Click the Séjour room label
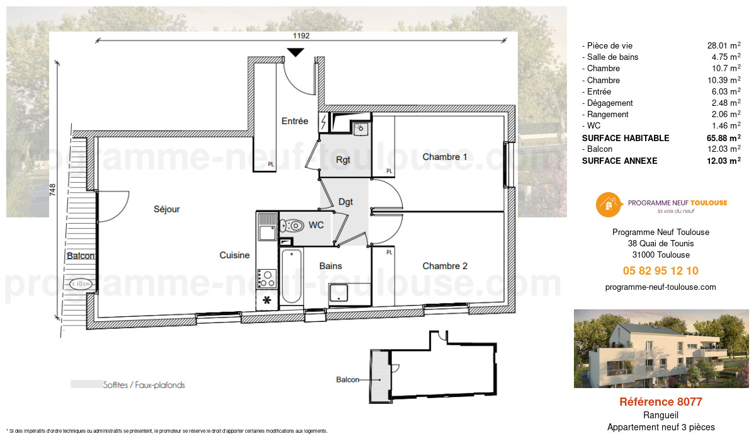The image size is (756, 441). point(166,209)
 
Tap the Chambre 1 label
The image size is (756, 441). point(445,157)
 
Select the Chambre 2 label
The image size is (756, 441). point(445,266)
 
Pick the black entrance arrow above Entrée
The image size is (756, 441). point(295,53)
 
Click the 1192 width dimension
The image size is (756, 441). point(301,36)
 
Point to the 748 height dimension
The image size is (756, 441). point(53,190)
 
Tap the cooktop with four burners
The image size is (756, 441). point(267,277)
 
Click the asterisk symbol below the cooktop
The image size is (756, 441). point(266,301)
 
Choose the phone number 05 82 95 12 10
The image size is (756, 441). point(660,271)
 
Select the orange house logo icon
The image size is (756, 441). point(608,203)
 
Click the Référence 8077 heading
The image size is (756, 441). point(660,402)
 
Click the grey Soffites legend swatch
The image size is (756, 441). point(86,384)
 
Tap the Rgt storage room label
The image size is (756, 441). point(343,159)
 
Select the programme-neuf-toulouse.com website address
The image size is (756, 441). point(660,287)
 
